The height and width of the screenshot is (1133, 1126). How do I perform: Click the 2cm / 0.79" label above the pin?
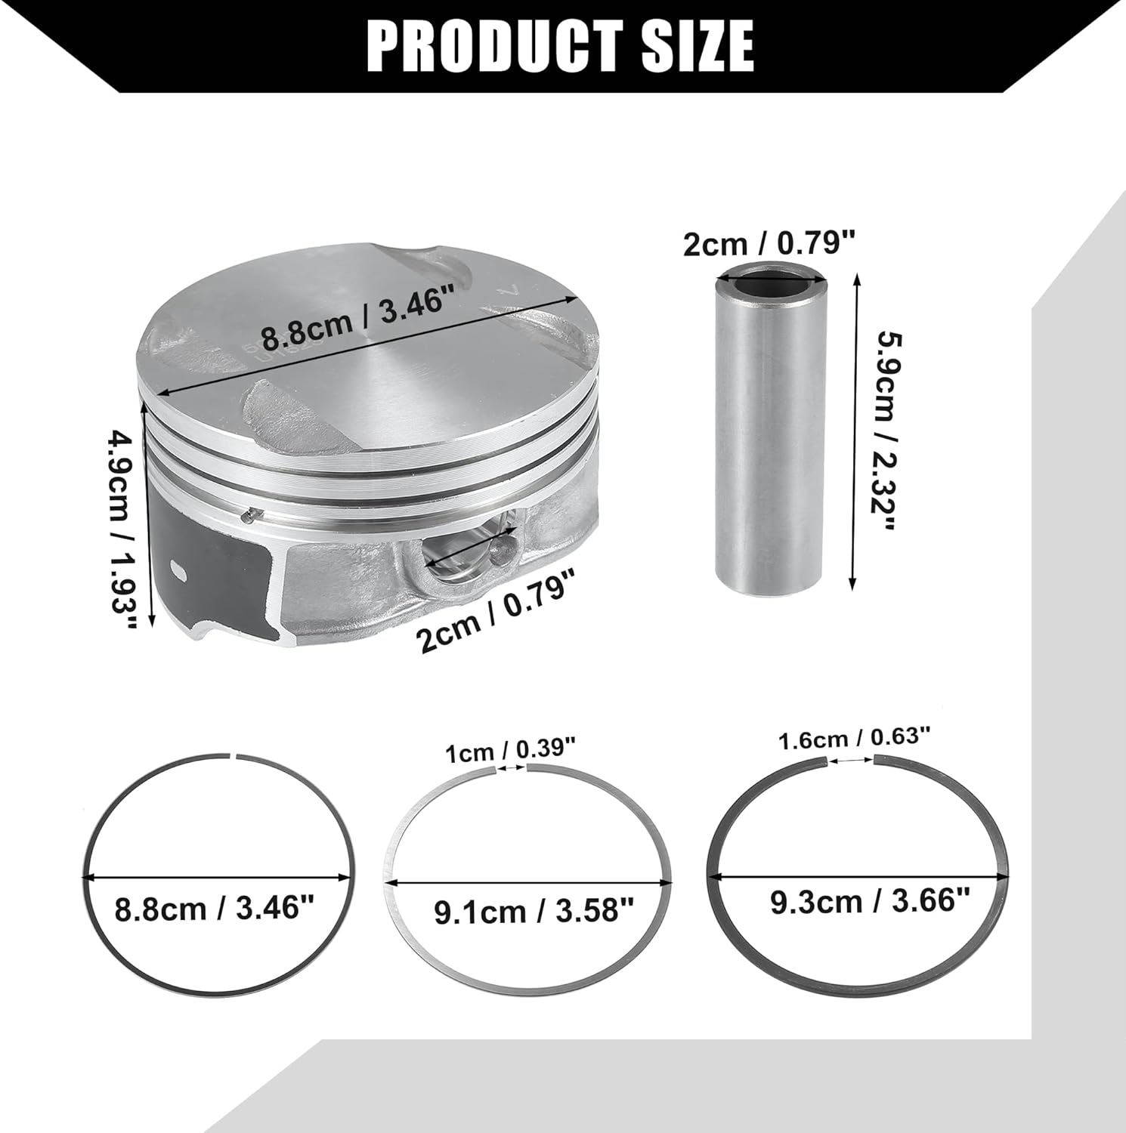coord(769,243)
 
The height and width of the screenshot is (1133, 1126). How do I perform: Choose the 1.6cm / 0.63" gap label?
coord(855,738)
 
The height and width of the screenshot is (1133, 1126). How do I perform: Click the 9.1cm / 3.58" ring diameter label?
coord(533,912)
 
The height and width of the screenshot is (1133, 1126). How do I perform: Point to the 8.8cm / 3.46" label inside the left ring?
coord(214,908)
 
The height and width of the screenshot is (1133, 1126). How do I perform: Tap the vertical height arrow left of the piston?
coord(149,514)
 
